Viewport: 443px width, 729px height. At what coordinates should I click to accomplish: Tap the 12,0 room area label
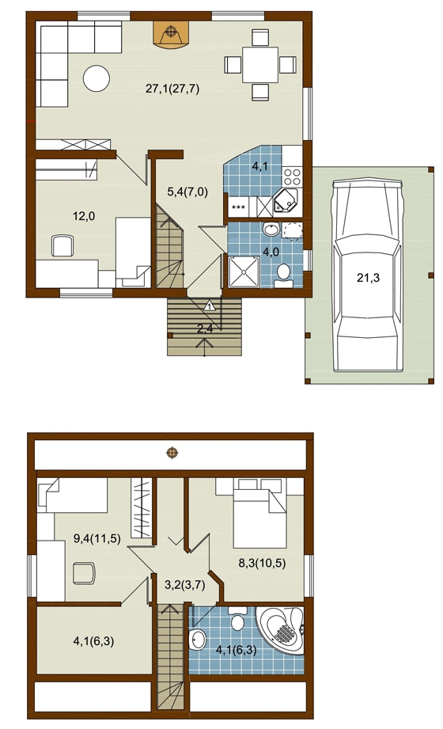coord(84,216)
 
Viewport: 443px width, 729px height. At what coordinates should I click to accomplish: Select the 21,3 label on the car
coord(368,278)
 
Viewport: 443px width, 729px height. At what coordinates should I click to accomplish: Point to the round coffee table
coord(97,78)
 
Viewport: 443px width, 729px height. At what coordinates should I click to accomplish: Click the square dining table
coord(259,65)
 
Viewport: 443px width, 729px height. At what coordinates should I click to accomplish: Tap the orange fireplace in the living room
coord(172,33)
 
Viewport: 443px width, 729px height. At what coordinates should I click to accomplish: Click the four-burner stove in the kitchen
coord(293,177)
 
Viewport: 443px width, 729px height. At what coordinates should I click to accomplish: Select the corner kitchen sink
coord(285,203)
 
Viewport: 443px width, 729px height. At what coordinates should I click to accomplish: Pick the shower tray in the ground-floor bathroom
coord(244,271)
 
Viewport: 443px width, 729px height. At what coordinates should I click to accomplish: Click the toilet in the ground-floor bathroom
coord(283,275)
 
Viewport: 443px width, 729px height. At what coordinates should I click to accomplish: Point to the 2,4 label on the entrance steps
coord(205,329)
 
